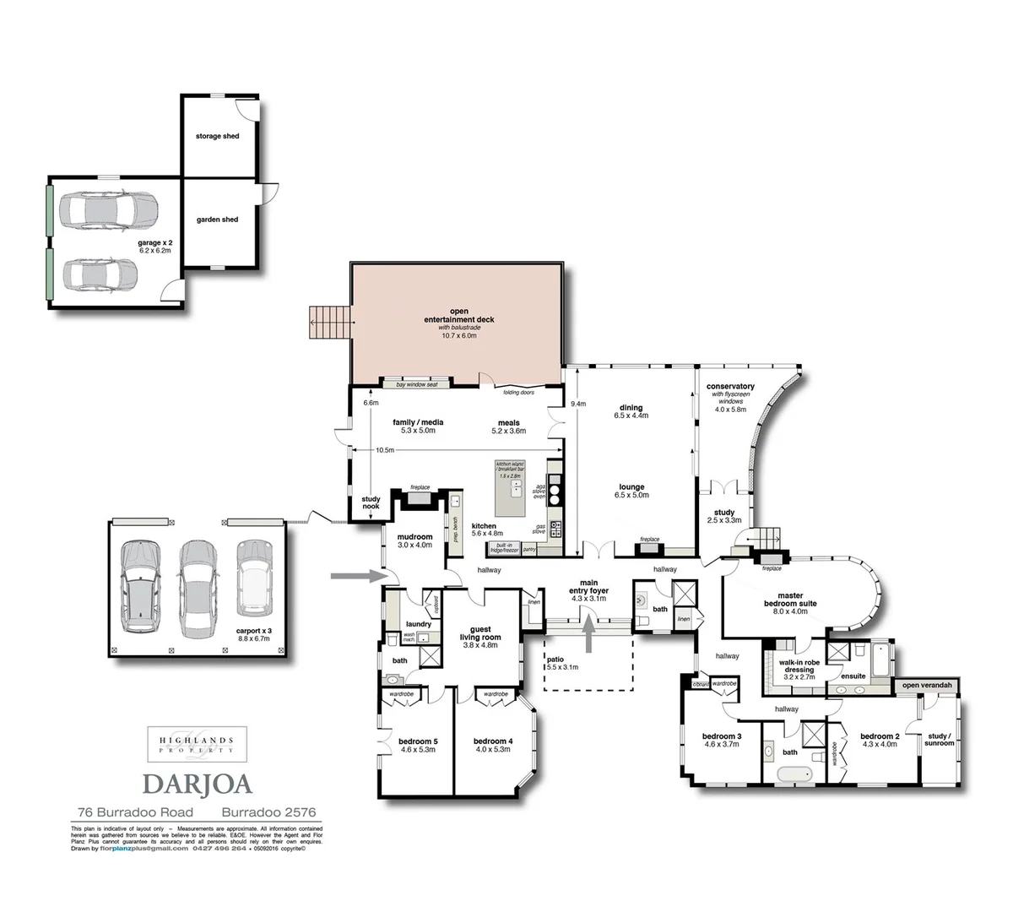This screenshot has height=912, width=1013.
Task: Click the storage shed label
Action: [x=217, y=136]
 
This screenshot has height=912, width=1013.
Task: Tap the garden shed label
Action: [x=217, y=220]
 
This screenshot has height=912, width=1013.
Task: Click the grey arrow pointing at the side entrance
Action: [x=352, y=576]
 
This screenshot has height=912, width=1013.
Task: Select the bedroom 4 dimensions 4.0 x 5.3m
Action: [x=493, y=749]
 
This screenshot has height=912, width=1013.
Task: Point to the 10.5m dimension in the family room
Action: [x=384, y=450]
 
